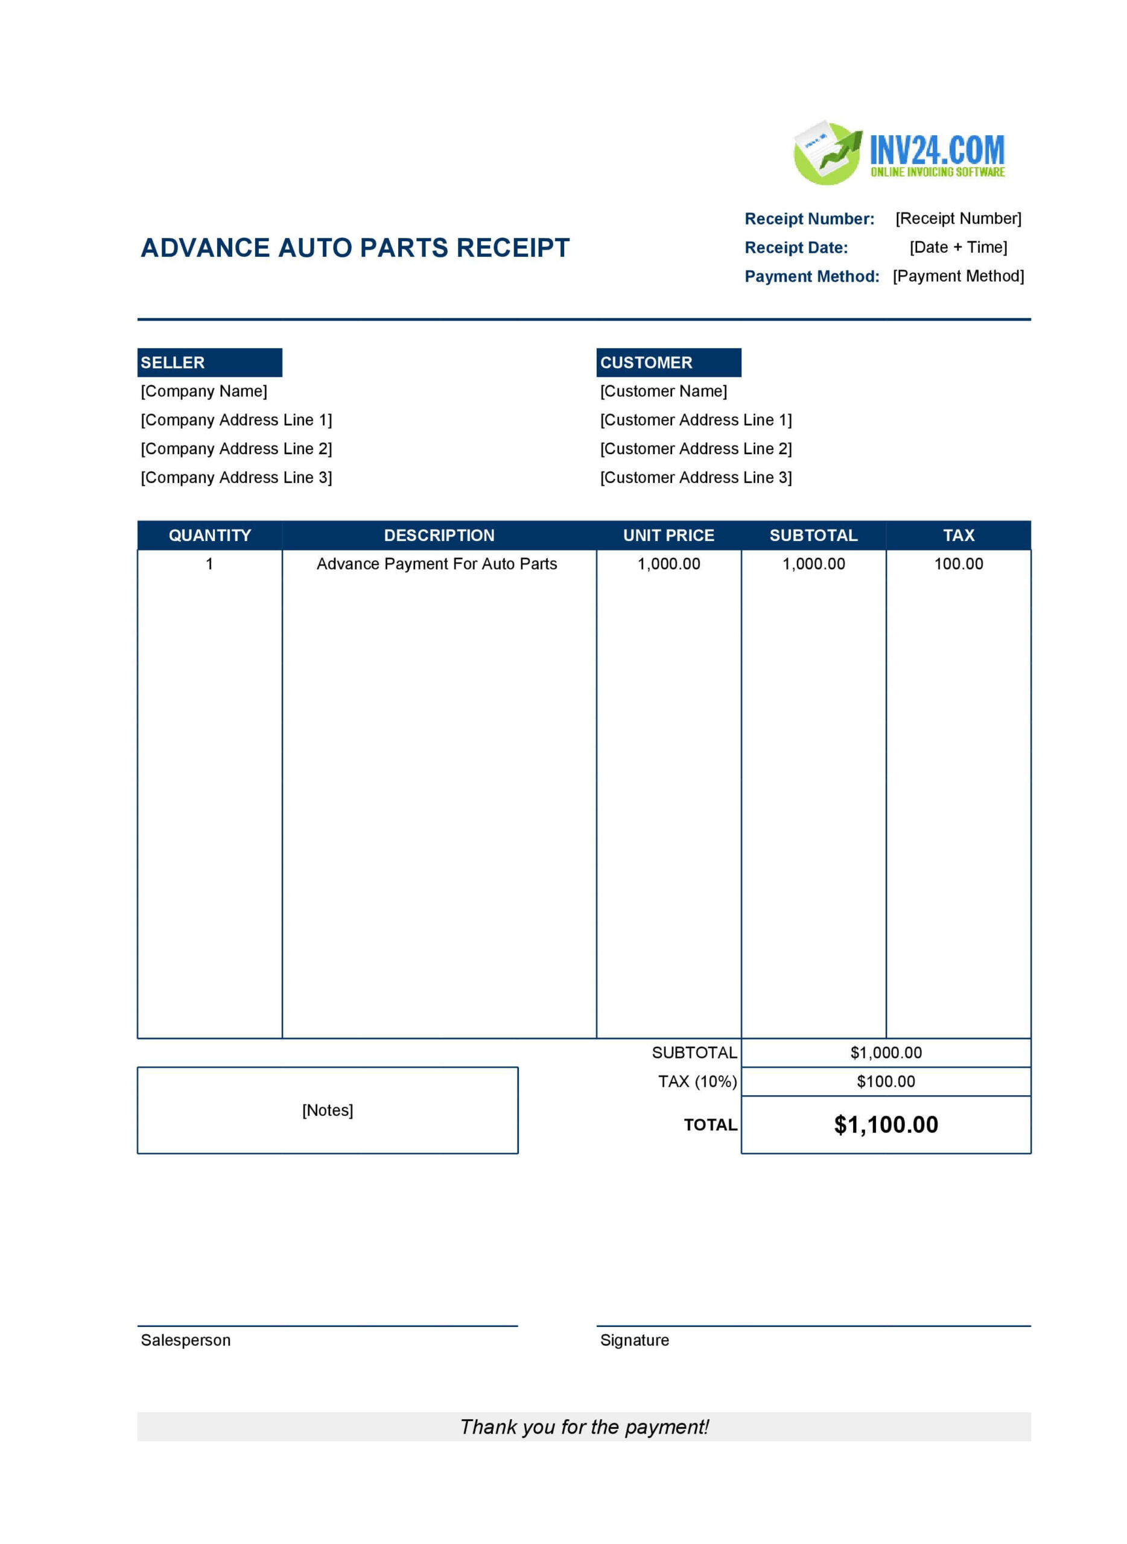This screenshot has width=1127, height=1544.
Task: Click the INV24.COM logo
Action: pyautogui.click(x=898, y=153)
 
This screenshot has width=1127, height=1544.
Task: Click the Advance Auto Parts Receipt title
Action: pyautogui.click(x=355, y=247)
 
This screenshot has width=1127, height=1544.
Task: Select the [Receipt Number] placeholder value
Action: pyautogui.click(x=958, y=218)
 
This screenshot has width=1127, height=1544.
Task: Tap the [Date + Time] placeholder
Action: pyautogui.click(x=958, y=247)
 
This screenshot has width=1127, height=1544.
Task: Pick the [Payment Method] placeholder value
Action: pyautogui.click(x=958, y=276)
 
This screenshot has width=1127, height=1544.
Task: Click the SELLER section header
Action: pyautogui.click(x=209, y=362)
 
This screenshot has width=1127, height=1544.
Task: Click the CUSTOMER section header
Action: pyautogui.click(x=668, y=362)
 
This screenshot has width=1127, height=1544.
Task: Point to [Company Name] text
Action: pyautogui.click(x=204, y=391)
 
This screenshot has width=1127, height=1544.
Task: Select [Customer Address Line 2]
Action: pyautogui.click(x=695, y=448)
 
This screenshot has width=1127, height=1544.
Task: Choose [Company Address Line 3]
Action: pyautogui.click(x=236, y=478)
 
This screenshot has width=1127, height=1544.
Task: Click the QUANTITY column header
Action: pyautogui.click(x=209, y=536)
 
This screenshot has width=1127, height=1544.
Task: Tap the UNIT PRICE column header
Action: pyautogui.click(x=668, y=536)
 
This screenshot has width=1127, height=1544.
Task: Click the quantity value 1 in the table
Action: pyautogui.click(x=209, y=564)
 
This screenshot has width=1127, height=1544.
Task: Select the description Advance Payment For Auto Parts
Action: pyautogui.click(x=437, y=564)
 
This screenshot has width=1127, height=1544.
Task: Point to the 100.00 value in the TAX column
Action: pyautogui.click(x=958, y=564)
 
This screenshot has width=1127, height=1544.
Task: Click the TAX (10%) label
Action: pyautogui.click(x=696, y=1081)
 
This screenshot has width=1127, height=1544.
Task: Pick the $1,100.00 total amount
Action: pyautogui.click(x=886, y=1125)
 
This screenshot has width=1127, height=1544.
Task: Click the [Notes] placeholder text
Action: pyautogui.click(x=328, y=1110)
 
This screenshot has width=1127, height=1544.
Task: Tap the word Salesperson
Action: pyautogui.click(x=186, y=1340)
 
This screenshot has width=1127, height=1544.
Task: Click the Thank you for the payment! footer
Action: pyautogui.click(x=584, y=1427)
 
